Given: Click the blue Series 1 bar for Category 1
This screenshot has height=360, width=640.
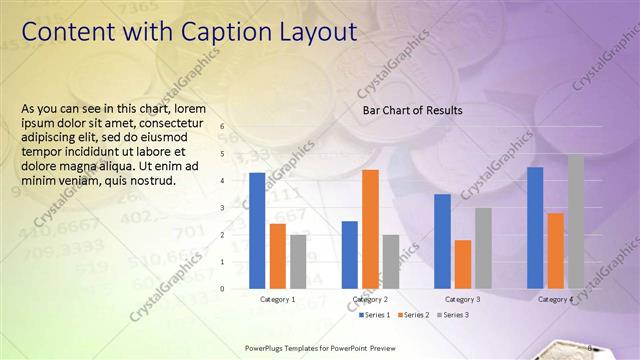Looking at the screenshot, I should (257, 230).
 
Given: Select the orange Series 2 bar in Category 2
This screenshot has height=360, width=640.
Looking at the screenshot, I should (370, 229).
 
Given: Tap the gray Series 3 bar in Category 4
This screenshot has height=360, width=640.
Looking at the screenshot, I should (576, 221).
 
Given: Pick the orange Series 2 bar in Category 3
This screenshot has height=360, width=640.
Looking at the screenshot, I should (463, 264).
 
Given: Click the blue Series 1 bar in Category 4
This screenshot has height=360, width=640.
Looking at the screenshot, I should (535, 227).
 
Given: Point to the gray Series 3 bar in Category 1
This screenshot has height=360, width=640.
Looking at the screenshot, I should (298, 261).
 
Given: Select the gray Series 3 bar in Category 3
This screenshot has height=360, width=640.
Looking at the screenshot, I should (483, 248).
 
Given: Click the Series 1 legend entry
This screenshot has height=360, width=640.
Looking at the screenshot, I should (376, 315).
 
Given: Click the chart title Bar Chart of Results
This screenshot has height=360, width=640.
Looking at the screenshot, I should (412, 110).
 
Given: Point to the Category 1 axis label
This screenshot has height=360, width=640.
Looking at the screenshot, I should (277, 299).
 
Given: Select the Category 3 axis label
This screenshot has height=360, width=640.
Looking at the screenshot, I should (462, 299).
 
